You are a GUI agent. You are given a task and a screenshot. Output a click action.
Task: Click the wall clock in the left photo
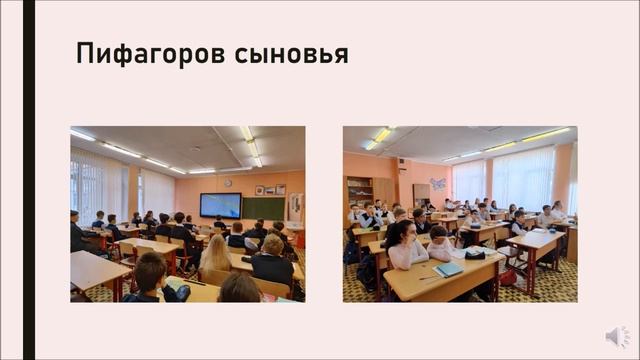tap(228, 183)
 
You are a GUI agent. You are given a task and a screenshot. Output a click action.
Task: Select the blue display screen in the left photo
tap(220, 205)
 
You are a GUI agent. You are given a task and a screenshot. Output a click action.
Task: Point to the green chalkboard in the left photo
tap(264, 208)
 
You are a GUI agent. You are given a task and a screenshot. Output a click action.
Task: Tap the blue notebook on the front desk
tap(449, 269)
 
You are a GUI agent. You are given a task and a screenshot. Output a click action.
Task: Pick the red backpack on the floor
tap(508, 276)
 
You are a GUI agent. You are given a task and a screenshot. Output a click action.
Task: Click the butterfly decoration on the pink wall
tap(437, 184)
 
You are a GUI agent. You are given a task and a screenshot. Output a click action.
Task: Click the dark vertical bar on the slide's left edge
tap(29, 180)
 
